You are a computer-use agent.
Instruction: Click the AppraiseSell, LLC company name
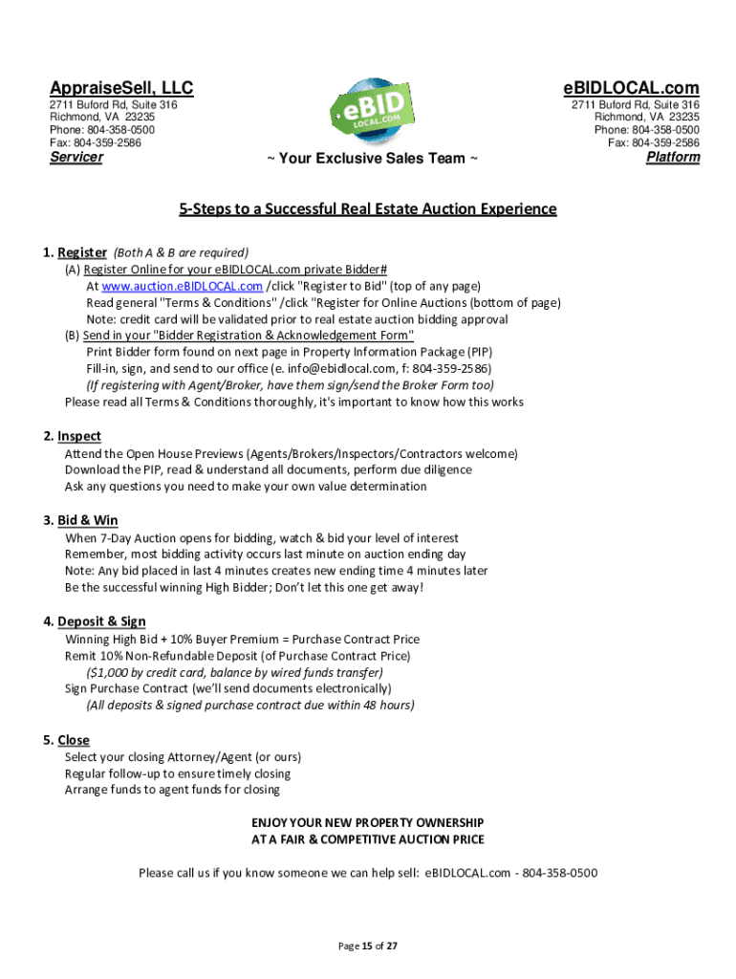point(121,88)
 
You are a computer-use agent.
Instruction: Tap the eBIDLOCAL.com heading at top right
point(630,88)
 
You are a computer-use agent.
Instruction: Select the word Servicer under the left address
point(76,157)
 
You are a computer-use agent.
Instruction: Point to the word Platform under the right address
point(673,157)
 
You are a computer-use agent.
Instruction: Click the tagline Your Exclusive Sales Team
point(372,159)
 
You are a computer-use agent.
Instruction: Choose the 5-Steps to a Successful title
point(368,208)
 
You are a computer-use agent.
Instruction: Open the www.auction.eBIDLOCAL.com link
point(182,286)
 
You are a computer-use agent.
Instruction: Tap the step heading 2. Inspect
point(72,436)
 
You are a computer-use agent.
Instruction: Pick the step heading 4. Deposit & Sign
point(95,621)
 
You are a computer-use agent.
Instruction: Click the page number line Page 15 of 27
point(368,946)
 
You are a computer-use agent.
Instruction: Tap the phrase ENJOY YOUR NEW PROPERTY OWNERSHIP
point(368,822)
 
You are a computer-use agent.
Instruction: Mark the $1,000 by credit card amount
point(115,672)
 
